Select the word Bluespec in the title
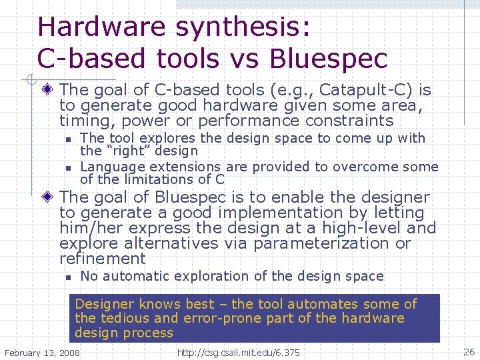(x=328, y=59)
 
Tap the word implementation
(x=282, y=213)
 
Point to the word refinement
(x=102, y=259)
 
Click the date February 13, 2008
(x=42, y=351)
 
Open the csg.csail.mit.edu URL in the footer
(x=239, y=351)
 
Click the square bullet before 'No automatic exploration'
(x=68, y=277)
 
